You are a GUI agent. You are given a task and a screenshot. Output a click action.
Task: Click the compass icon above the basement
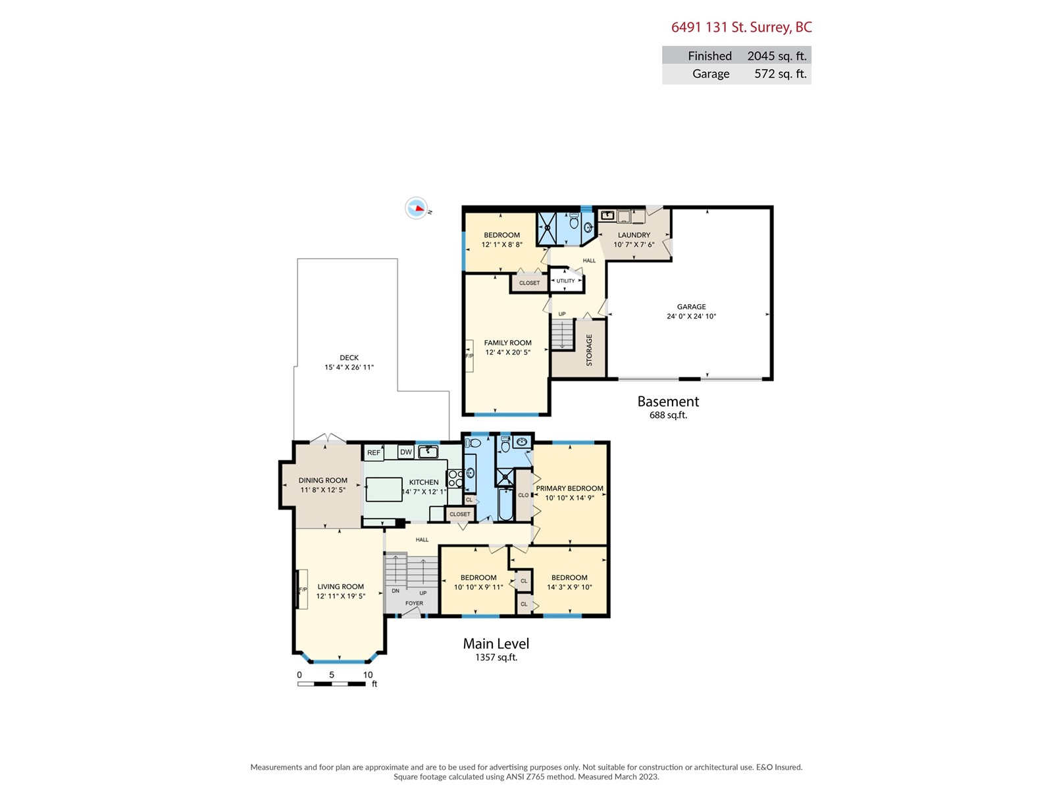(x=416, y=208)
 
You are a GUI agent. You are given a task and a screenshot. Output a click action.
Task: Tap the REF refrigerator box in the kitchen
(x=374, y=452)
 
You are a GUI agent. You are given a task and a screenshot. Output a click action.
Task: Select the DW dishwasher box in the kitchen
(x=406, y=452)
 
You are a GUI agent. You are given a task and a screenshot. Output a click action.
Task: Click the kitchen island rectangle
(x=384, y=489)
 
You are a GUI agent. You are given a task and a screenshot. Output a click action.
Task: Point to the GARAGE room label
(x=691, y=307)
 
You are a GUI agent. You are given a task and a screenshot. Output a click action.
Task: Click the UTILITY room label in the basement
(x=565, y=281)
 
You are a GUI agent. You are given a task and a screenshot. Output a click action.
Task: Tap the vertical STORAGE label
(x=589, y=350)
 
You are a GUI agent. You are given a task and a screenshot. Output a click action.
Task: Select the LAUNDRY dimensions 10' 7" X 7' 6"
(x=634, y=245)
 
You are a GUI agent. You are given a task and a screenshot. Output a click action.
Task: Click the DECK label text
(x=349, y=358)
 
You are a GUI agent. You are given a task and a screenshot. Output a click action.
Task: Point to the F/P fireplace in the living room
(x=303, y=589)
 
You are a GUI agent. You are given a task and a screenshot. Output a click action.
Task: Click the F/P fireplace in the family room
(x=469, y=356)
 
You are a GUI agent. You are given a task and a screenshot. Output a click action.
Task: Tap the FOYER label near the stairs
(x=414, y=604)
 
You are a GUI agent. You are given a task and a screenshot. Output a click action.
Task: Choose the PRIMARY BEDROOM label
(x=569, y=488)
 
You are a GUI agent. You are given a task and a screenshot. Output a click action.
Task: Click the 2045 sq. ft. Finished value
(x=777, y=56)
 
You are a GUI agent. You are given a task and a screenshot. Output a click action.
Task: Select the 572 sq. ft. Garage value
(x=781, y=74)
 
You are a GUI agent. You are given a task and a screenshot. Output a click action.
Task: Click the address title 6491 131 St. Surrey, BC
(x=741, y=28)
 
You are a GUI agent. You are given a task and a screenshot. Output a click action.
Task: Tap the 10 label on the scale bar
(x=367, y=675)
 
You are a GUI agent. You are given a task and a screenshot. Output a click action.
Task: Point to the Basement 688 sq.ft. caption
(x=668, y=407)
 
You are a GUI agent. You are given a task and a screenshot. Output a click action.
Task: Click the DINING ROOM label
(x=323, y=481)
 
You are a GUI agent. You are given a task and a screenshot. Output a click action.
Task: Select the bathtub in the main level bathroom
(x=505, y=504)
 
